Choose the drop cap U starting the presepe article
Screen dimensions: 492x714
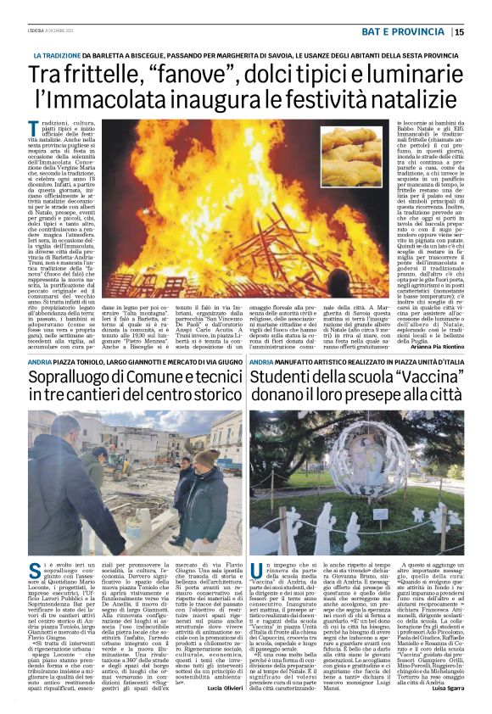point(256,562)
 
